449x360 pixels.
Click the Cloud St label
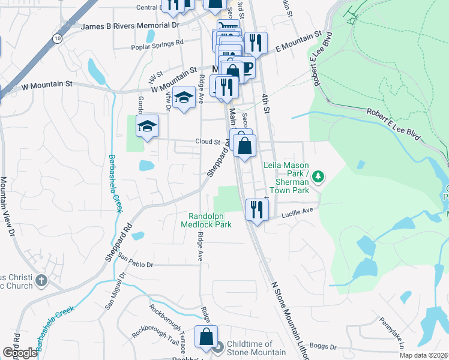pos(208,142)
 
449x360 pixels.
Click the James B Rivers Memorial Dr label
pos(130,26)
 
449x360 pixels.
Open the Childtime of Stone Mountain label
pos(249,348)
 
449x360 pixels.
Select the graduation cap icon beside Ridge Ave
pos(184,98)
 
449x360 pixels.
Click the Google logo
pos(19,353)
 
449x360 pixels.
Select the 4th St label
pos(265,99)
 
